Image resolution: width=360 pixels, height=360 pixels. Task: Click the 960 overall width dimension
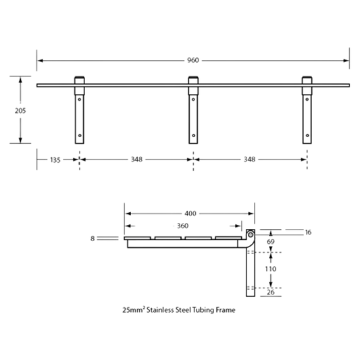[x=193, y=60]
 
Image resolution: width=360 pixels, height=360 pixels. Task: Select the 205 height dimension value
[x=20, y=111]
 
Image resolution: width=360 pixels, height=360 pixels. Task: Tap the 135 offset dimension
[x=55, y=160]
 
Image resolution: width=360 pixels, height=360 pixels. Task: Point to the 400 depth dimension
[x=190, y=213]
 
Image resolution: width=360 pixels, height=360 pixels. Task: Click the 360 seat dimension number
[x=183, y=226]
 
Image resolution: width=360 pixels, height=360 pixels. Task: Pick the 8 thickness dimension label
[x=93, y=238]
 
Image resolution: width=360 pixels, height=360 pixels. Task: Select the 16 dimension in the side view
[x=308, y=232]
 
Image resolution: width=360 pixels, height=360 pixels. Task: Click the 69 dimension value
[x=271, y=242]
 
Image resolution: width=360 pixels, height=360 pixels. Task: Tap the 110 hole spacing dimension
[x=271, y=269]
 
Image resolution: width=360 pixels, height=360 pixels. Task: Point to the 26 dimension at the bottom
[x=271, y=292]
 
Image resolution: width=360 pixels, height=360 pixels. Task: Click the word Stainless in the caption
[x=160, y=310]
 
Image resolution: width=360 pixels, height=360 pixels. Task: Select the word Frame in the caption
[x=226, y=310]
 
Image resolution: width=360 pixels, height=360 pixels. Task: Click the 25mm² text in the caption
[x=134, y=310]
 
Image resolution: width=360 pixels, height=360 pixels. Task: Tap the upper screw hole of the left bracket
[x=80, y=99]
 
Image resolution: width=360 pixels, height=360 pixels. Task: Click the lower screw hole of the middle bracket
[x=194, y=136]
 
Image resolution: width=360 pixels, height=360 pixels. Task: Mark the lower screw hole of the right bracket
[x=307, y=136]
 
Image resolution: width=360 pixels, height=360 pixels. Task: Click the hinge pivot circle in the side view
[x=251, y=234]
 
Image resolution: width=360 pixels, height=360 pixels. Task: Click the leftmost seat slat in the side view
[x=137, y=238]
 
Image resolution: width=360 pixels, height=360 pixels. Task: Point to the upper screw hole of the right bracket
[x=307, y=99]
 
